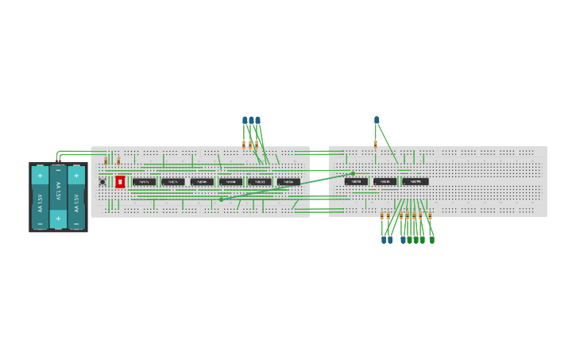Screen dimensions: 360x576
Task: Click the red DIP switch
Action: pos(120,182)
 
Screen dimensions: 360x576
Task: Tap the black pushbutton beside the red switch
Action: pos(102,182)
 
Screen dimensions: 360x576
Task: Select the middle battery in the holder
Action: pos(58,195)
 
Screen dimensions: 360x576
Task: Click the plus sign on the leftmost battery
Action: pos(40,175)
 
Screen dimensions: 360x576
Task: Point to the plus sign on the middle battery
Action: pos(58,216)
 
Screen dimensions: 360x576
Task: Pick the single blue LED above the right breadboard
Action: pos(377,120)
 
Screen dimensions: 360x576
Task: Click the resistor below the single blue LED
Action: pos(376,143)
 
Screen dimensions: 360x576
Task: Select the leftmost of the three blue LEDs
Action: pos(245,121)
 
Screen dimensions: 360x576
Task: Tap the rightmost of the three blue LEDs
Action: pos(258,121)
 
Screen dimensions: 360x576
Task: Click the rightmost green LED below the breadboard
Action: pos(431,239)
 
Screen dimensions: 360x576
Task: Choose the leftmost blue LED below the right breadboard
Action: pos(383,239)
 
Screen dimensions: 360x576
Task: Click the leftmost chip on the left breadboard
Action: pos(144,182)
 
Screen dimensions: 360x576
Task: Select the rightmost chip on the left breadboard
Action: pos(288,182)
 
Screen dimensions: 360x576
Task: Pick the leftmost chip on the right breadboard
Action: pos(356,182)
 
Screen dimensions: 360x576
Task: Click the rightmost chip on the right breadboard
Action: pos(416,182)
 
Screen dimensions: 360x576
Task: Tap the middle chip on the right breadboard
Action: pos(385,182)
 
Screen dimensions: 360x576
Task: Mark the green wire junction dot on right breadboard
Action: pos(354,172)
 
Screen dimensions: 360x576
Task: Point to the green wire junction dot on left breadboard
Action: pos(221,199)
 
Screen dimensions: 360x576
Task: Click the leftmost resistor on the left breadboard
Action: pos(106,161)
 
